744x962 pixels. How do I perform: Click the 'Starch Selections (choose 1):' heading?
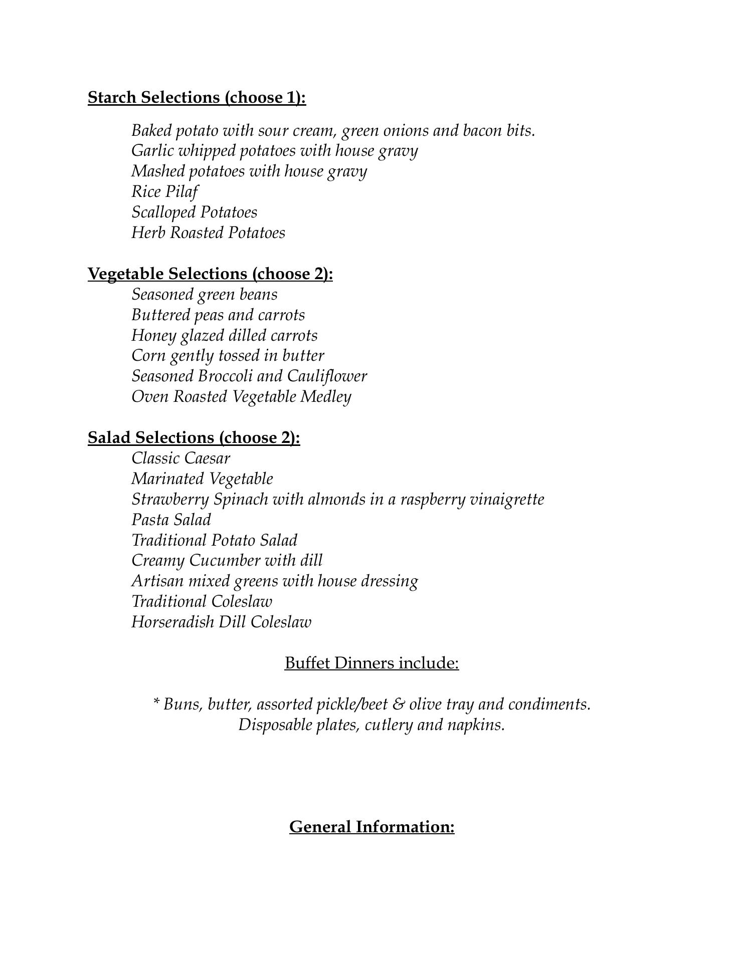point(197,97)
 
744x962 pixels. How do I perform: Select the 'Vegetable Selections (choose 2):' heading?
point(210,274)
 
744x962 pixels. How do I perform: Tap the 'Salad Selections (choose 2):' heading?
point(194,438)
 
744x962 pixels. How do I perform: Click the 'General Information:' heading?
point(371,827)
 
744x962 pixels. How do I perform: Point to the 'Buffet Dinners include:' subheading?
point(371,663)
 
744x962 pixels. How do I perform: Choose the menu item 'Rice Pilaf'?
point(164,192)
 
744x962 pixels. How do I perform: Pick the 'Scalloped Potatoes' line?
point(194,212)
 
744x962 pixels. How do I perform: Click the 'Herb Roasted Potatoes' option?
point(208,233)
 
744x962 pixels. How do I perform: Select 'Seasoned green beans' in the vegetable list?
point(204,295)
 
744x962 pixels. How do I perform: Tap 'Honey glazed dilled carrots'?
point(224,336)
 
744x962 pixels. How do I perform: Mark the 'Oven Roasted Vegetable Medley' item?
point(241,397)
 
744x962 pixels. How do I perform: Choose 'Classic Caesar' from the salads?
point(180,458)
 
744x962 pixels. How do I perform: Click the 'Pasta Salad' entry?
point(171,520)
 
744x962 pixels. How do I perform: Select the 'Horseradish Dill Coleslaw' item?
point(221,622)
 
